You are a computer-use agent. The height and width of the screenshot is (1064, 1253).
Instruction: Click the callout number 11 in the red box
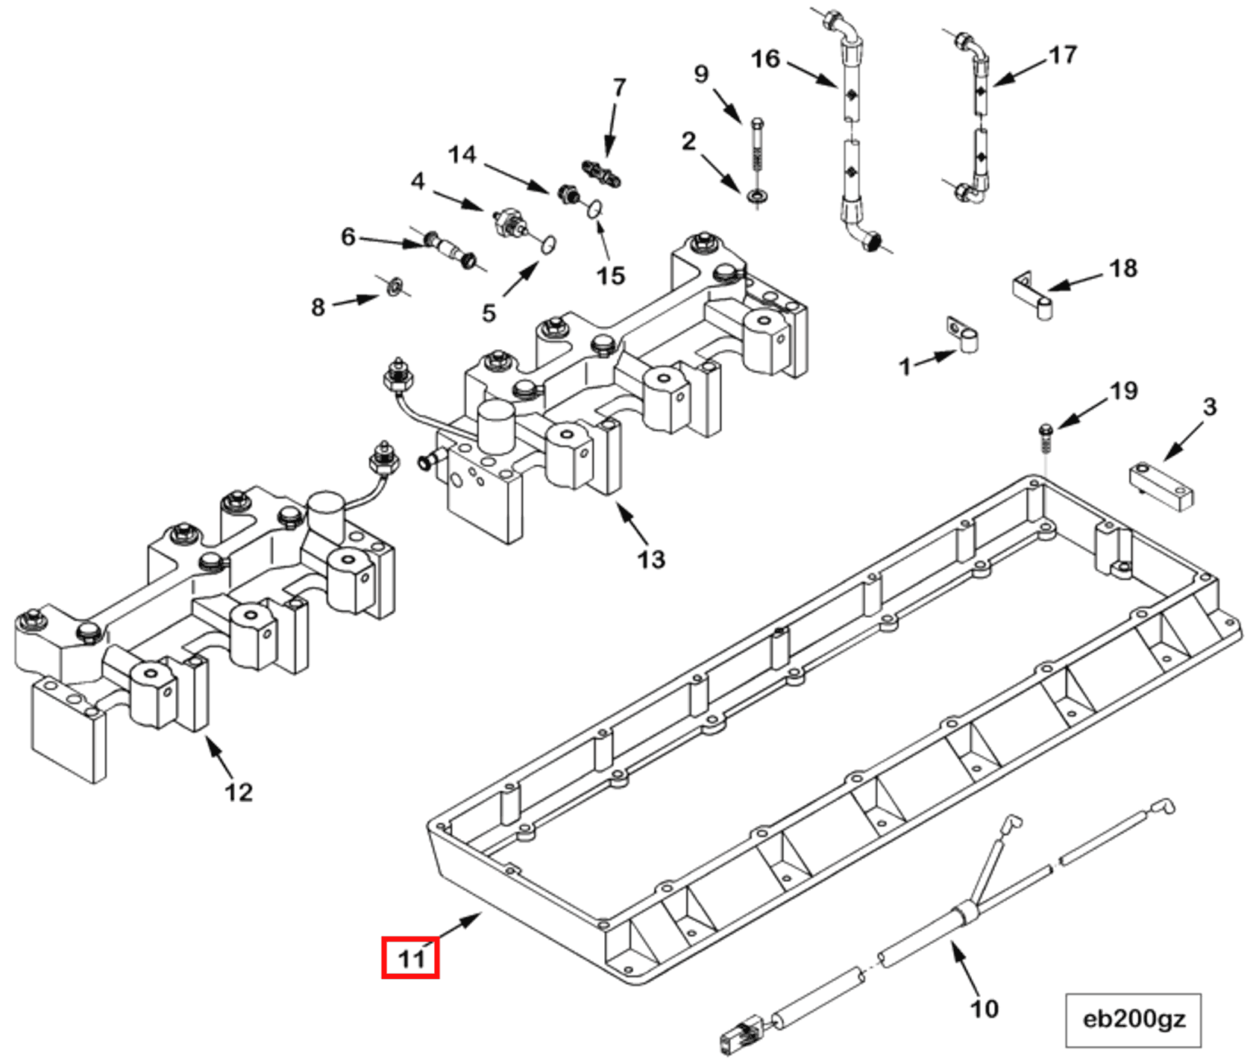(x=410, y=957)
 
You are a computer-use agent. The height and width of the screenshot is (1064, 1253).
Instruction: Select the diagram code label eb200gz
(x=1133, y=1019)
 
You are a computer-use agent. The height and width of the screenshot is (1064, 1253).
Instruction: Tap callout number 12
(x=239, y=792)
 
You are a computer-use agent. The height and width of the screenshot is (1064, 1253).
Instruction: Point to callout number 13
(x=650, y=559)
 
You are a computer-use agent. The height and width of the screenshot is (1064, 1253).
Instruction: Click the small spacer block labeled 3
(x=1161, y=485)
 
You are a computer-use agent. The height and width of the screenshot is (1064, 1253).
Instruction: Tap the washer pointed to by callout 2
(x=759, y=196)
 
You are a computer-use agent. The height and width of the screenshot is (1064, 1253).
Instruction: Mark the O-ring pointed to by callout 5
(x=548, y=244)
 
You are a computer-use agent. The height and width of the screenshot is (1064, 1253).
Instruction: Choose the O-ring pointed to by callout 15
(x=594, y=210)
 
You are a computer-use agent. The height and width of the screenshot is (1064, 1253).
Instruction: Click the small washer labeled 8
(x=395, y=284)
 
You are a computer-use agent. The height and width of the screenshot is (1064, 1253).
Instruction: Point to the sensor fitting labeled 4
(x=508, y=223)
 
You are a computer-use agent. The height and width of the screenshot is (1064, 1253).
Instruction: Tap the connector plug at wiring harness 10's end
(x=741, y=1033)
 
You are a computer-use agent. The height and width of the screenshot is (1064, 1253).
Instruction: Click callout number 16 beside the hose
(x=764, y=59)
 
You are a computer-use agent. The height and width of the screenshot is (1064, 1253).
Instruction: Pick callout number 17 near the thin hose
(x=1062, y=54)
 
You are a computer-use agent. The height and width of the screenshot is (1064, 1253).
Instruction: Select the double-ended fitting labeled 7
(x=601, y=172)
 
